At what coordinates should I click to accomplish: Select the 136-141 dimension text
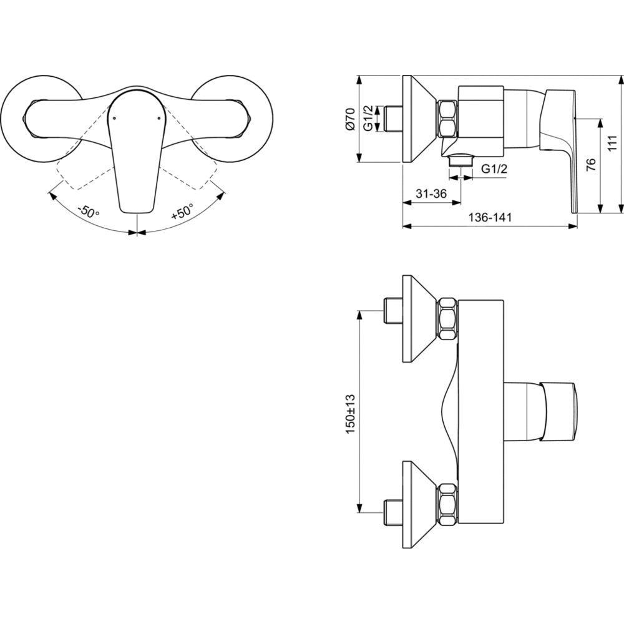pyautogui.click(x=489, y=217)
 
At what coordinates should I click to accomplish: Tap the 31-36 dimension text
pyautogui.click(x=431, y=194)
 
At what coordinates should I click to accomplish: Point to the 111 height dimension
pyautogui.click(x=613, y=143)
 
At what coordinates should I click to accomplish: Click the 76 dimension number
pyautogui.click(x=592, y=164)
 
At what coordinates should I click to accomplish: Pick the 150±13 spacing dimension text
pyautogui.click(x=351, y=414)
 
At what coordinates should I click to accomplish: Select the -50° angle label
pyautogui.click(x=88, y=212)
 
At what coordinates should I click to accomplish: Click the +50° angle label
pyautogui.click(x=182, y=212)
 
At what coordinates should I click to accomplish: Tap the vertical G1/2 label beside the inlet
pyautogui.click(x=369, y=118)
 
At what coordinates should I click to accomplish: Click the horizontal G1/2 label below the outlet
pyautogui.click(x=495, y=169)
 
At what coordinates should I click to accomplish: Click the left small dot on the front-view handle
pyautogui.click(x=114, y=118)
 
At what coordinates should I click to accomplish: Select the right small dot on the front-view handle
pyautogui.click(x=158, y=118)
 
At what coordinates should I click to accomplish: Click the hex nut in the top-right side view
pyautogui.click(x=447, y=119)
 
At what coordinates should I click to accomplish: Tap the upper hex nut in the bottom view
pyautogui.click(x=447, y=319)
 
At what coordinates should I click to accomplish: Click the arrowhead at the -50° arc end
pyautogui.click(x=52, y=196)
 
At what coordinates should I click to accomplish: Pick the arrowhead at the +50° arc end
pyautogui.click(x=220, y=197)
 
